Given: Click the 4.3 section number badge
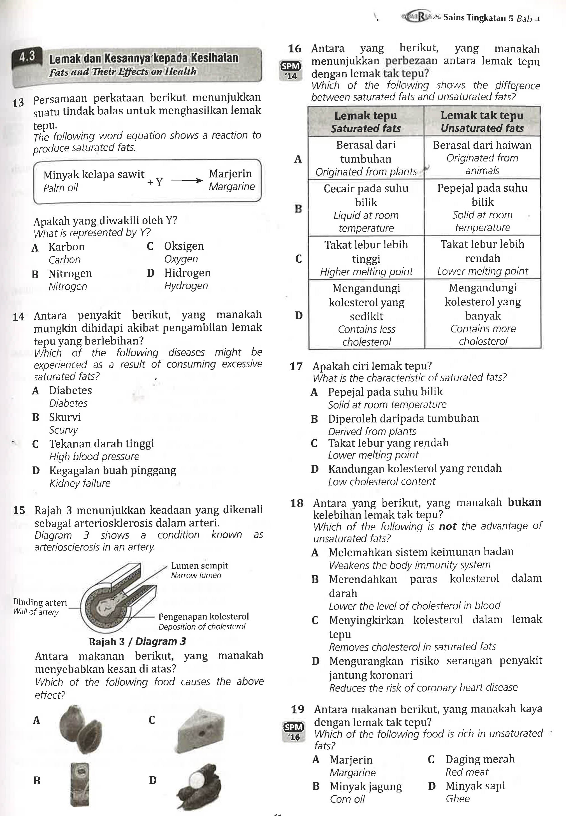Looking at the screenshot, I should pos(27,57).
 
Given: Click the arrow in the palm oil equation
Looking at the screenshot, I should pos(187,181).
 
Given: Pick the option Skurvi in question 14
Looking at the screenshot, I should pos(65,417).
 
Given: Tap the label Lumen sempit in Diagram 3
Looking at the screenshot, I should pos(199,565).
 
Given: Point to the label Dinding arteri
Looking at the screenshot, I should pos(40,602).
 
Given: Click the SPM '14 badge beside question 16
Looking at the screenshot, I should pos(291,70).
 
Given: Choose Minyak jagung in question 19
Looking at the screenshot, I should pos(366,787).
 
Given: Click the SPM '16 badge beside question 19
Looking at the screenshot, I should pos(294,732).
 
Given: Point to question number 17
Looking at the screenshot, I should pos(296,366).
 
